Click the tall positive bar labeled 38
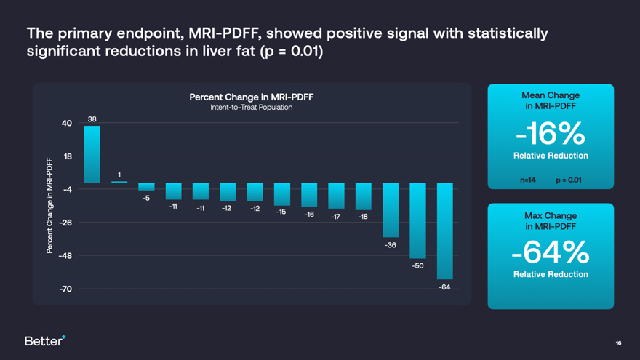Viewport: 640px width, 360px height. point(92,154)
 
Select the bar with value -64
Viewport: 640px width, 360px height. point(444,231)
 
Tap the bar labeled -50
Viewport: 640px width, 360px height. point(417,220)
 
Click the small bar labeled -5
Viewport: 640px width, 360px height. point(146,187)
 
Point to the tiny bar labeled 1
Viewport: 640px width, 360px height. point(119,182)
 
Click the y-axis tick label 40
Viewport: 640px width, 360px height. point(67,123)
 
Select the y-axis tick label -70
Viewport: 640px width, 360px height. point(65,289)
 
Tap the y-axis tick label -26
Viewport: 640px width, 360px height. point(65,223)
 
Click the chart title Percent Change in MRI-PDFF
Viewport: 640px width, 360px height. point(252,97)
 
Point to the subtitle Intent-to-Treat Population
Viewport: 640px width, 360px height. point(252,108)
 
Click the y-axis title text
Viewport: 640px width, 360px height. point(50,206)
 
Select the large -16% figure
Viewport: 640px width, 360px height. point(551,133)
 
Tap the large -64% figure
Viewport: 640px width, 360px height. point(551,252)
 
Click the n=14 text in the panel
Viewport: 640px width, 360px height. point(528,180)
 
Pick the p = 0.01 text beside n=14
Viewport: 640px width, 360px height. point(568,180)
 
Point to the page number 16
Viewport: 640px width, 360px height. point(618,343)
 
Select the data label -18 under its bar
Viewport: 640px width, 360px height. point(363,217)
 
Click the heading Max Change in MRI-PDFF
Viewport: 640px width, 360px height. point(551,221)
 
